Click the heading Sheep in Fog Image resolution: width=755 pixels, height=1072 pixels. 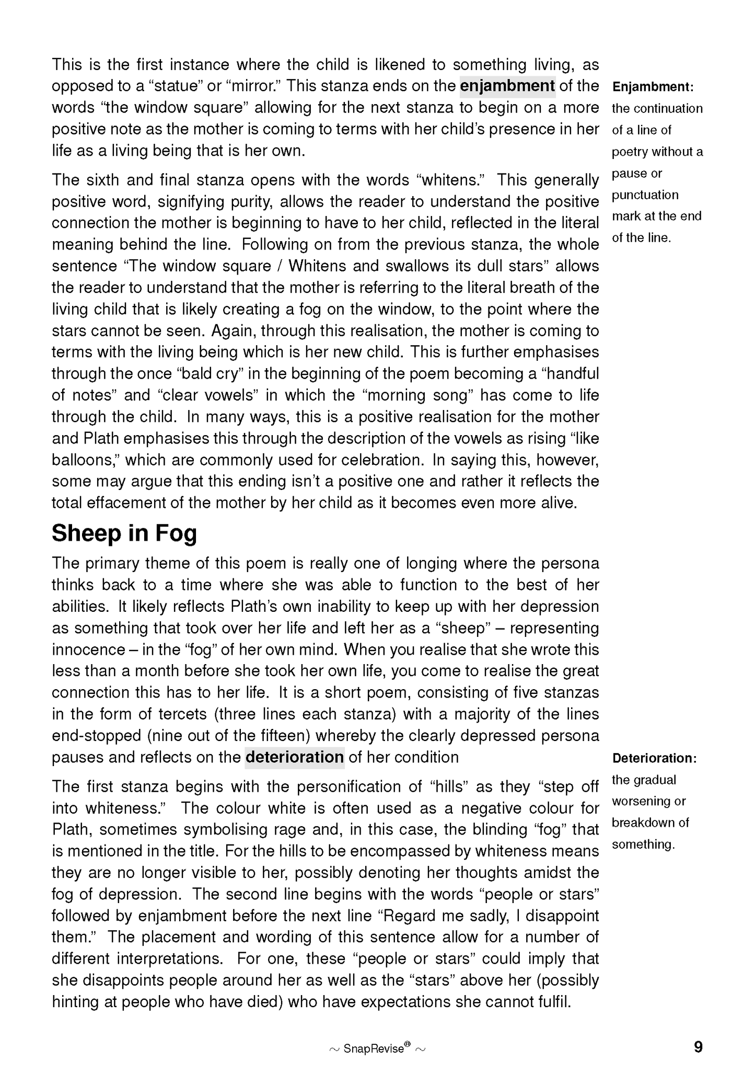click(124, 534)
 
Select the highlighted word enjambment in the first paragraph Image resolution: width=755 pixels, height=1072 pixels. click(507, 86)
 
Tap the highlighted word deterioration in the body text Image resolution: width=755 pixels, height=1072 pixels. click(294, 757)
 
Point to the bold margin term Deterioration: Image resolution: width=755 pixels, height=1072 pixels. click(655, 758)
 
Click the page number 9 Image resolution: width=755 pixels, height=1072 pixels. click(698, 1047)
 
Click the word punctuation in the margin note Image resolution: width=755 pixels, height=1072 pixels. click(645, 195)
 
